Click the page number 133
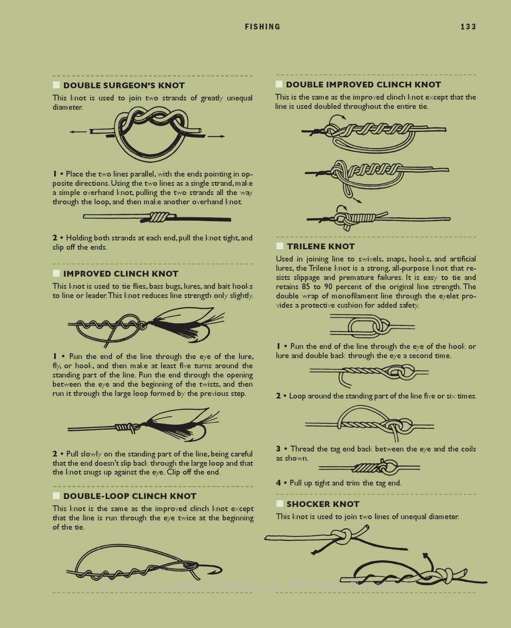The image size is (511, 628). pos(468,27)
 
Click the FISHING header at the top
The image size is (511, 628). pos(262,27)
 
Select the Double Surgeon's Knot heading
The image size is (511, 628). pos(124,85)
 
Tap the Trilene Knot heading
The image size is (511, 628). pos(321,246)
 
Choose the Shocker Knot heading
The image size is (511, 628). pos(323,504)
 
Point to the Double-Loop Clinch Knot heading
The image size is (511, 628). pos(130,496)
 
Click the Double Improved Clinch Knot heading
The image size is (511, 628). pos(363,84)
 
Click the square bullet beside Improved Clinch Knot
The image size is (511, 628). pos(56,273)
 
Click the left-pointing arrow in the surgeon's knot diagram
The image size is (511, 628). pos(78,132)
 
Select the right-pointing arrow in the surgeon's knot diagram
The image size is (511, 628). pos(216,136)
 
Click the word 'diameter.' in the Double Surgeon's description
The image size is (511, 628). pos(68,107)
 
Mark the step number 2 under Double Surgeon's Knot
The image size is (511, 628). pos(55,237)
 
